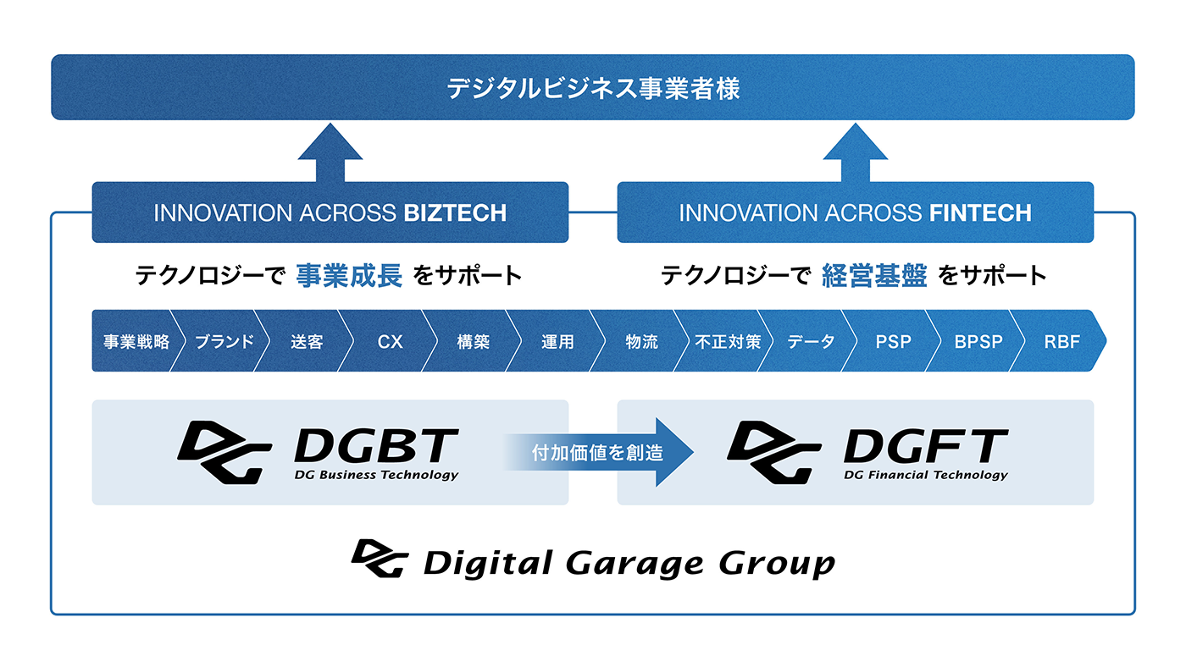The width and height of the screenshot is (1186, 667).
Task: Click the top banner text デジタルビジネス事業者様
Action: [x=593, y=88]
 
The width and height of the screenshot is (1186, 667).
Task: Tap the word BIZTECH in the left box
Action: [x=455, y=212]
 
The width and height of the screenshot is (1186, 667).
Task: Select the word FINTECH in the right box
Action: [x=980, y=212]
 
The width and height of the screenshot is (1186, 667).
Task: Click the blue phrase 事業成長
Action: [x=349, y=276]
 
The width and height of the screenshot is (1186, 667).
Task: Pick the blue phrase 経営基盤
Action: [x=874, y=276]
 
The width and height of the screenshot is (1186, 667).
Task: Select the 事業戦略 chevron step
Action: [x=136, y=342]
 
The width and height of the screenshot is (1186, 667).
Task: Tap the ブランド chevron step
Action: [x=224, y=342]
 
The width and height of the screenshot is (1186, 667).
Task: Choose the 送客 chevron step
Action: [x=307, y=342]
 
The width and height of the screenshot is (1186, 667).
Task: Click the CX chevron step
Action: [x=390, y=342]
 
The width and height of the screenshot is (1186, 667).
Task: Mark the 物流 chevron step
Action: [x=642, y=342]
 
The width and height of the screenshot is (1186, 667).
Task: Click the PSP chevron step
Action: [x=894, y=342]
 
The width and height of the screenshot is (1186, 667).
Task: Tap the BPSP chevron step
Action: [x=978, y=342]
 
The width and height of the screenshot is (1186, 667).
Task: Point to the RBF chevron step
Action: [x=1062, y=342]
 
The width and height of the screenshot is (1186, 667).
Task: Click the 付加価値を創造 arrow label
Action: [x=597, y=453]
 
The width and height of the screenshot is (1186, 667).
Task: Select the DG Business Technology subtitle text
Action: [x=376, y=475]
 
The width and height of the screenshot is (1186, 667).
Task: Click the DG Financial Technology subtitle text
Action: [x=926, y=475]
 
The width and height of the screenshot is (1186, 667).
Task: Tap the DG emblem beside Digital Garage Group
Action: [x=380, y=559]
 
